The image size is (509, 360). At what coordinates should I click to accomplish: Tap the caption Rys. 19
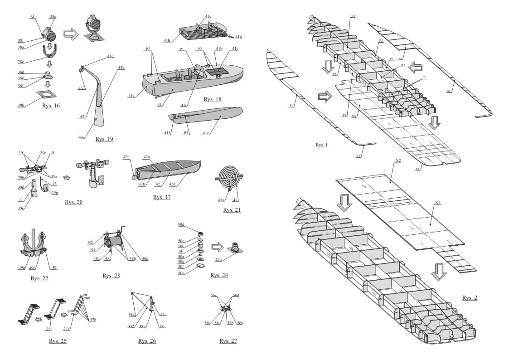coord(104,139)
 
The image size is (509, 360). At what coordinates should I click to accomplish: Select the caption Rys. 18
coord(212,99)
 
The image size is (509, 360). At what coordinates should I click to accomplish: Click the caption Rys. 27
coord(228,341)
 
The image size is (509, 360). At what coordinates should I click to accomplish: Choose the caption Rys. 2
coord(470,298)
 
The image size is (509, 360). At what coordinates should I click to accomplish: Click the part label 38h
coord(22,105)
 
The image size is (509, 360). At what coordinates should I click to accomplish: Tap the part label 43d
coord(111,56)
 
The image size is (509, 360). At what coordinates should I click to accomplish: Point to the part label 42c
coord(126,157)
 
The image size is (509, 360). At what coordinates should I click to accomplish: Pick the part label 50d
coord(181,224)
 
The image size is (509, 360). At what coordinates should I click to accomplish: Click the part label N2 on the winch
coord(90,243)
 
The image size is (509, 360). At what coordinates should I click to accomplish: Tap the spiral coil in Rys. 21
coord(229,177)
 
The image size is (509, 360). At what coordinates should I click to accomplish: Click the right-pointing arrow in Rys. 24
coord(218,248)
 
